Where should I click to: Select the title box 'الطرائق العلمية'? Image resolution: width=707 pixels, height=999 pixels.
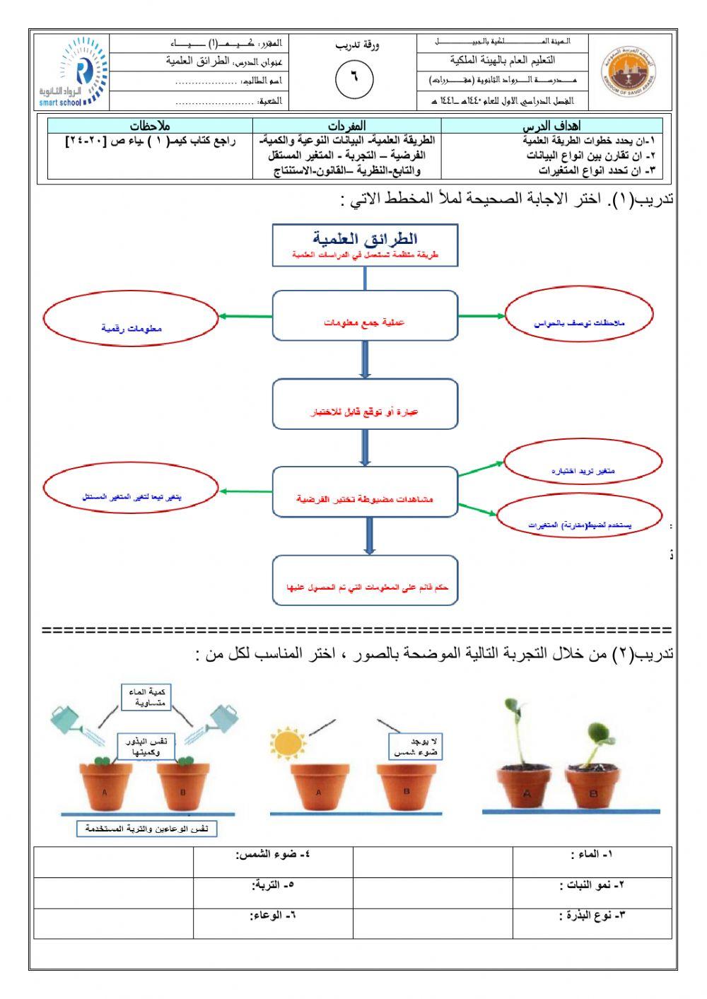tap(365, 245)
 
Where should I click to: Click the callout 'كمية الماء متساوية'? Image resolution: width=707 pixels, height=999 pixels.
tap(146, 697)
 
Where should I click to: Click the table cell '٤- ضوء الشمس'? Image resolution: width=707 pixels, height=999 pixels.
tap(273, 862)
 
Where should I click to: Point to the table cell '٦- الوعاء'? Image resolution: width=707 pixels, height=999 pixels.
tap(273, 923)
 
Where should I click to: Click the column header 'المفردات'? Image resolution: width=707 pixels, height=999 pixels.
tap(347, 126)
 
